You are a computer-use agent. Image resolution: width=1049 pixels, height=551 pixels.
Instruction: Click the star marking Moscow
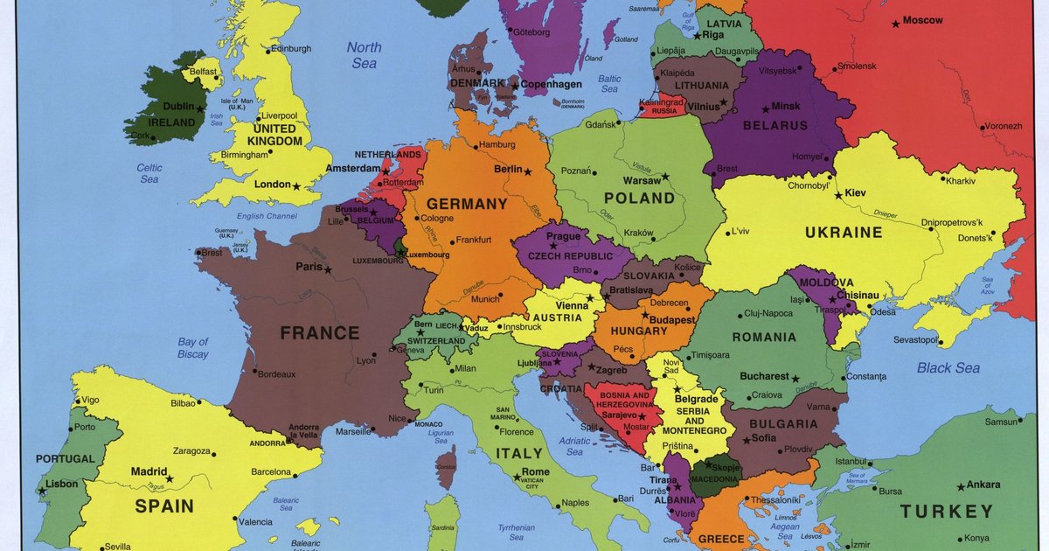click(x=895, y=24)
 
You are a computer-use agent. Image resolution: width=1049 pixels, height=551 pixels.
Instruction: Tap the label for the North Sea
click(x=364, y=55)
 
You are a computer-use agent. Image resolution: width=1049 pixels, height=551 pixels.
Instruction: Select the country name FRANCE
click(x=319, y=333)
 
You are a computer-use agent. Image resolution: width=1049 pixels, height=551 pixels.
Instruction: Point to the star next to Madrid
click(x=170, y=478)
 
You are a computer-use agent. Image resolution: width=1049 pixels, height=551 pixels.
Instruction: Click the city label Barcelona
click(x=271, y=472)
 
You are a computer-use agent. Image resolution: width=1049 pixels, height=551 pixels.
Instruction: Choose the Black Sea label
click(x=948, y=368)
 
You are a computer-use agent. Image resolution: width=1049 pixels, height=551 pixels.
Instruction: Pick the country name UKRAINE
click(x=844, y=233)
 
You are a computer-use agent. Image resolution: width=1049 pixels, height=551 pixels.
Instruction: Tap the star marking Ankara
click(x=961, y=486)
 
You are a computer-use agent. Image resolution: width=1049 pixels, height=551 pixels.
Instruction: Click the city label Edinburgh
click(x=291, y=49)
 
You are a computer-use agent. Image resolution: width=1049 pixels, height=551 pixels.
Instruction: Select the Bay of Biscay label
click(x=193, y=348)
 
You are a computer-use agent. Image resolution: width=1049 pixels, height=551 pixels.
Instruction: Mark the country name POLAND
click(x=640, y=199)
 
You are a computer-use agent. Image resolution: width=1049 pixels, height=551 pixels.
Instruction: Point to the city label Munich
click(x=485, y=299)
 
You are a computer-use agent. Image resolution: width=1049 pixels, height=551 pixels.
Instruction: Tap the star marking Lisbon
click(x=42, y=491)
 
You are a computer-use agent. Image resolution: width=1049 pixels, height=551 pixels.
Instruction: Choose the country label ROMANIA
click(x=765, y=337)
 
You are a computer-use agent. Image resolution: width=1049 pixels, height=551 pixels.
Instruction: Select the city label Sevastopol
click(x=915, y=339)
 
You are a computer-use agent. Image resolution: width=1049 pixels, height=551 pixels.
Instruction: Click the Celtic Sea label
click(x=149, y=173)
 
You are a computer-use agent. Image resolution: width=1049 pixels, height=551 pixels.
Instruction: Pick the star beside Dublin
click(x=200, y=108)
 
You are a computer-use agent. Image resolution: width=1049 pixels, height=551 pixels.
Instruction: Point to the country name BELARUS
click(x=775, y=126)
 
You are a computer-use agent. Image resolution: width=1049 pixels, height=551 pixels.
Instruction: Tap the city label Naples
click(x=574, y=503)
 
